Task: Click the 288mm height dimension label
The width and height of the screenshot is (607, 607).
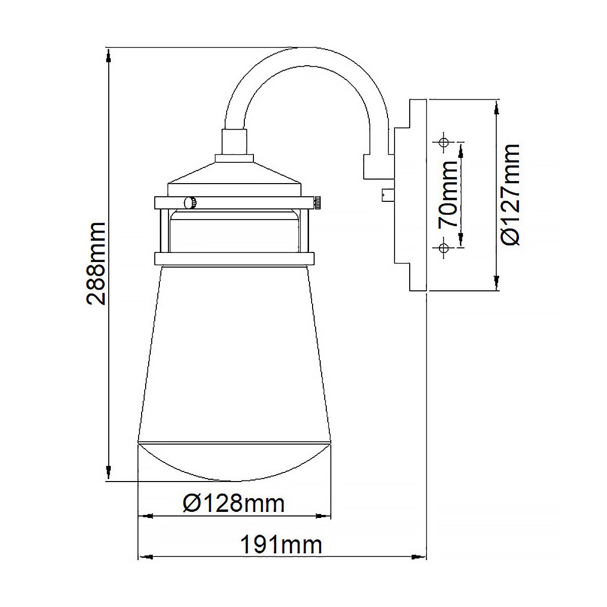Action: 96,263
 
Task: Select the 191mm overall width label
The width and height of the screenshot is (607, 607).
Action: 281,545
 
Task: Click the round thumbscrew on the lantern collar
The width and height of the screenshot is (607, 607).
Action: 190,203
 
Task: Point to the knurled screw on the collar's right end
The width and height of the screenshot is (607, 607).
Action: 317,203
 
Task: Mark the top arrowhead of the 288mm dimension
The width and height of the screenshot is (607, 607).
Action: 109,56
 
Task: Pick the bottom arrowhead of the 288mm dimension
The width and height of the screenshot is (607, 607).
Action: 109,472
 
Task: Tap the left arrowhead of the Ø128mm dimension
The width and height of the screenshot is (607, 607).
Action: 146,516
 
